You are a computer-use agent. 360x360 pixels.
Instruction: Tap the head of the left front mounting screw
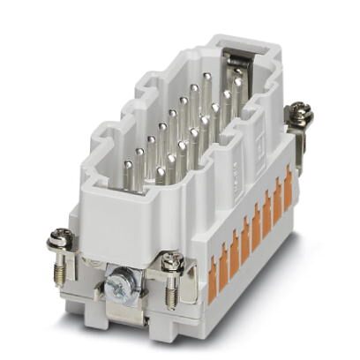pos(62,236)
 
